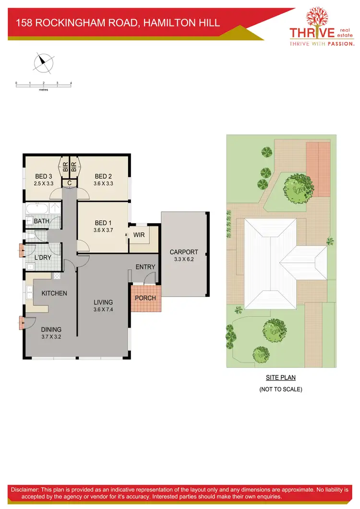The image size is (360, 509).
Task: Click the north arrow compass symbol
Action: [x=43, y=61]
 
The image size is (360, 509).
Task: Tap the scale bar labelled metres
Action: [x=43, y=85]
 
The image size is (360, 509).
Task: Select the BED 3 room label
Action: [x=43, y=177]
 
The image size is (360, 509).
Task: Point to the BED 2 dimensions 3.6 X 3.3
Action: [x=104, y=183]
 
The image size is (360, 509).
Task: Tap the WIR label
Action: [x=139, y=235]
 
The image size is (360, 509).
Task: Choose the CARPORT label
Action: [x=183, y=252]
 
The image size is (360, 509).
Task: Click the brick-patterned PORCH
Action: [x=145, y=298]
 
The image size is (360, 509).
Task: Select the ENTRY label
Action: [x=145, y=267]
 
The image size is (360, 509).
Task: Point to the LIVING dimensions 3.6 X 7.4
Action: [x=103, y=309]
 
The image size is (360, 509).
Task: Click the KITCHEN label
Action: [x=54, y=293]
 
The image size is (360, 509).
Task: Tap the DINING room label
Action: [x=51, y=330]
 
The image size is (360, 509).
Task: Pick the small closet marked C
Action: [x=70, y=183]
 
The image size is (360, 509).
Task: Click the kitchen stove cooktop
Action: [x=57, y=276]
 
